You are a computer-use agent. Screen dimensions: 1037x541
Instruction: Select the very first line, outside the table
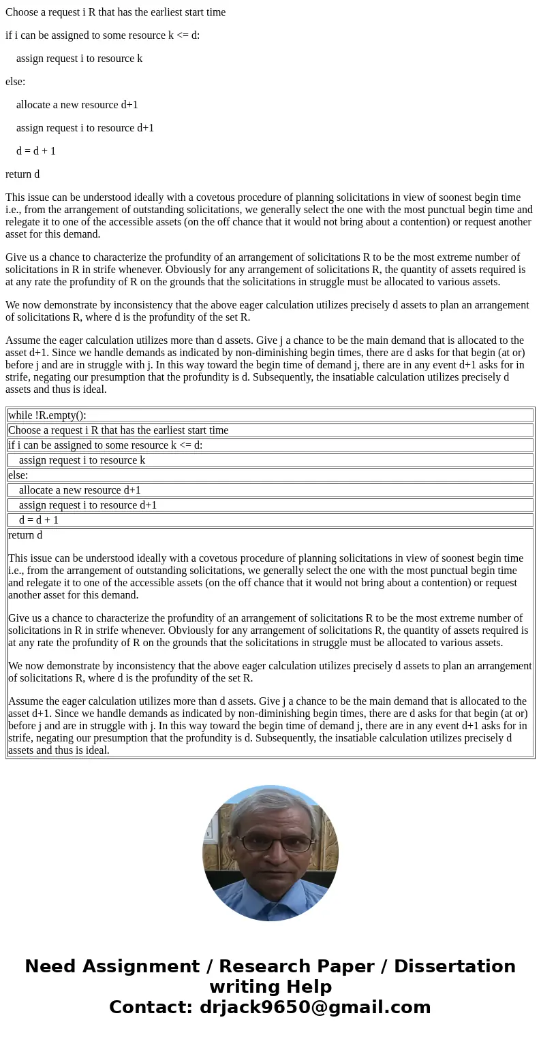tap(115, 12)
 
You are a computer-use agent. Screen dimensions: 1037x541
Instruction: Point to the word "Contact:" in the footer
tap(151, 1008)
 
